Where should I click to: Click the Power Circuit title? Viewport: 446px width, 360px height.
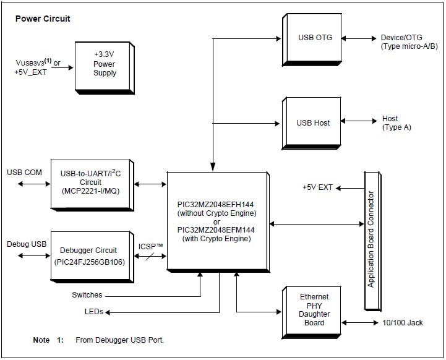42,19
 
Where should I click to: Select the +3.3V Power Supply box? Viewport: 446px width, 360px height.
104,64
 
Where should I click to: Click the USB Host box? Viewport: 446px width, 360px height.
313,122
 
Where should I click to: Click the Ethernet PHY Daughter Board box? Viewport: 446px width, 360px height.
314,310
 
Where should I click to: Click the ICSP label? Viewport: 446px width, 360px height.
151,246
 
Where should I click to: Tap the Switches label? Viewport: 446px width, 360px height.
87,295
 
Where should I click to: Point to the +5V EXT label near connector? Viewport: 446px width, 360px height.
318,187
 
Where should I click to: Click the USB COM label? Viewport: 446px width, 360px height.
25,172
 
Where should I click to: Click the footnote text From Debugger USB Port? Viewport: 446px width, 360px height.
119,340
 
